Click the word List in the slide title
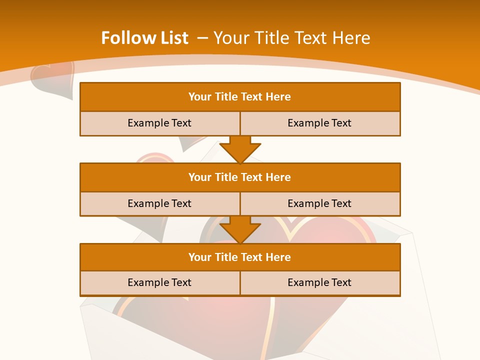[171, 38]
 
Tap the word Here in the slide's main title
[351, 38]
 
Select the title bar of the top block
[240, 97]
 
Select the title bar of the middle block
[240, 177]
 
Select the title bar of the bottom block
[240, 257]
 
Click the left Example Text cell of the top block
[159, 123]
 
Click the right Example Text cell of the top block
[320, 123]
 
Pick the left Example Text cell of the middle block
[159, 203]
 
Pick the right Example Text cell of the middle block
[320, 203]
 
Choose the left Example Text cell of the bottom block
[159, 282]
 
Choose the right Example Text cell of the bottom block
[320, 282]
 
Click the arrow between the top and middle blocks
[240, 149]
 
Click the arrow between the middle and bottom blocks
[240, 229]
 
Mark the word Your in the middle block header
[199, 177]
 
